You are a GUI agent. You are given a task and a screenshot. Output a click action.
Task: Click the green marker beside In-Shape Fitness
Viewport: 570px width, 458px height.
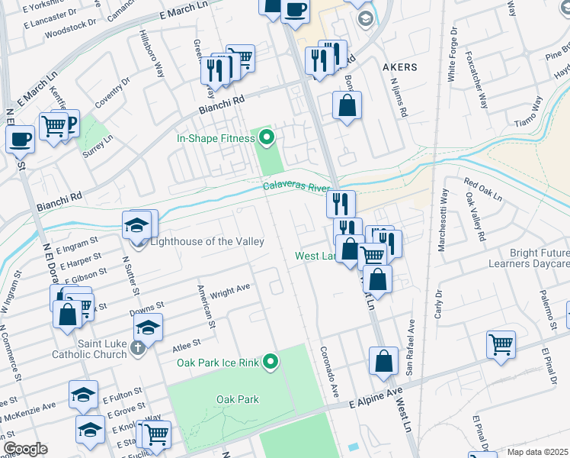click(266, 138)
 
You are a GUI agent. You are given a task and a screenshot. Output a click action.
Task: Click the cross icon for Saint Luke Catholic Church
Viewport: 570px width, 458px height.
click(137, 348)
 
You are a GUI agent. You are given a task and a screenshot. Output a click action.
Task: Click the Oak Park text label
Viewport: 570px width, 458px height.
click(237, 399)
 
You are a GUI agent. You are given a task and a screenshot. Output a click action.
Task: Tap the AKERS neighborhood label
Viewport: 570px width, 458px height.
click(399, 67)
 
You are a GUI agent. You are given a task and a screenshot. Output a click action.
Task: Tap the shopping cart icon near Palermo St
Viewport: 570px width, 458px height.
click(501, 344)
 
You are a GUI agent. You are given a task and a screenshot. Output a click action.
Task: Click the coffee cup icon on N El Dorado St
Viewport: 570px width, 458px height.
click(20, 139)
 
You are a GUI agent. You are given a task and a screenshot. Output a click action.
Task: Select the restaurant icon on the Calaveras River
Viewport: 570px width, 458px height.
click(341, 203)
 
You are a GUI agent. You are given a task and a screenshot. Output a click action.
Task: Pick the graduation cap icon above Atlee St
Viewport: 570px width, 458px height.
click(148, 327)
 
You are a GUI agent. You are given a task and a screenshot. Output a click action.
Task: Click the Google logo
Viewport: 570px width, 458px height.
click(24, 449)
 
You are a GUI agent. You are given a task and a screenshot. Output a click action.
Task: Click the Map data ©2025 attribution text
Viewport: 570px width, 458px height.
click(538, 452)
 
